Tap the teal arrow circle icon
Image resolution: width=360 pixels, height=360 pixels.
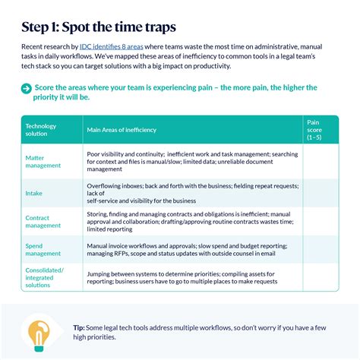pos(27,89)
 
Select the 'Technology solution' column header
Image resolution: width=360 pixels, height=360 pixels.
pos(41,130)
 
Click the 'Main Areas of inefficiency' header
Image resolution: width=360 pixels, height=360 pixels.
pos(122,131)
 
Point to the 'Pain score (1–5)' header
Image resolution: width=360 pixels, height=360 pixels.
pos(314,130)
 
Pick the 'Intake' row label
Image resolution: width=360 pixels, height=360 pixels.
pos(34,193)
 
